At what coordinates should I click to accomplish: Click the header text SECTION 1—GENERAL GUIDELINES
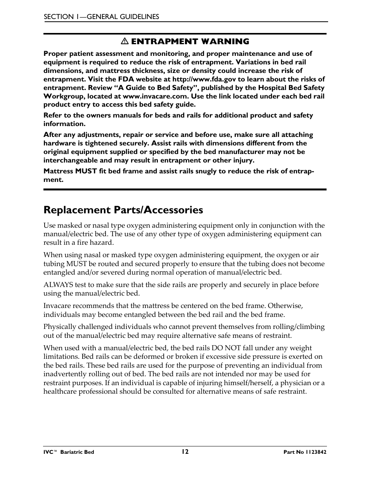click(101, 17)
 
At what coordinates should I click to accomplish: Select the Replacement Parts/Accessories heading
click(123, 210)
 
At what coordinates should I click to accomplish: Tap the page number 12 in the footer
click(185, 452)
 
